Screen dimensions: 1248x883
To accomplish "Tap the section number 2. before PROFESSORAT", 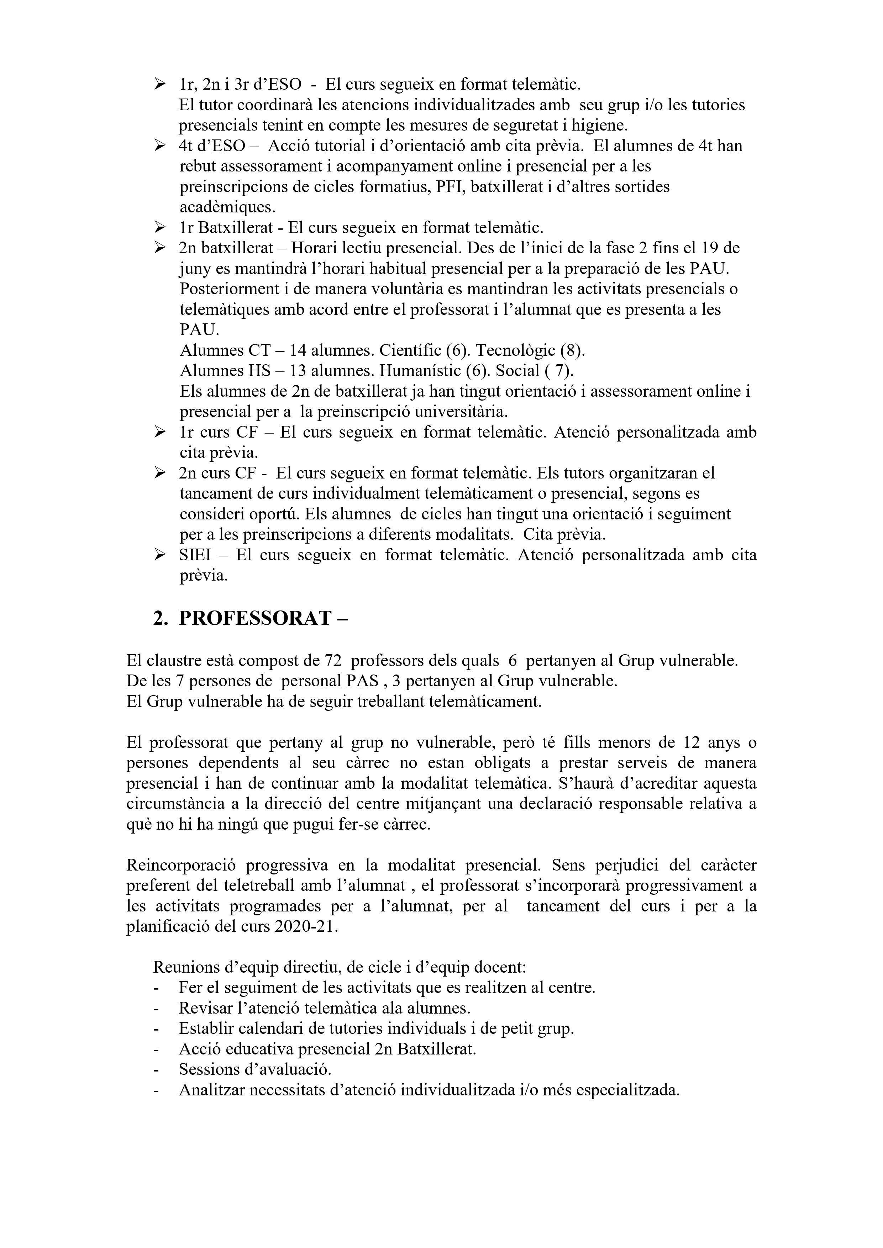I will click(161, 619).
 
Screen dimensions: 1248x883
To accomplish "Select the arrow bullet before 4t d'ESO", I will click(160, 146).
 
